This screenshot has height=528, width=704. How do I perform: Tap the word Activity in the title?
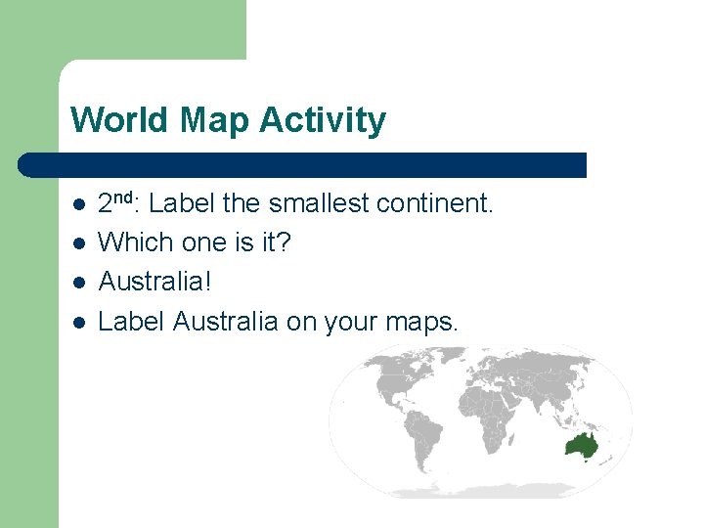[x=324, y=120]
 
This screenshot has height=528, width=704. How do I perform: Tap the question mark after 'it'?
[x=284, y=242]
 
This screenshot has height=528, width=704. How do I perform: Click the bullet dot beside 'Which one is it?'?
[x=79, y=243]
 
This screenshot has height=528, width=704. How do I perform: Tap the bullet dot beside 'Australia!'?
[x=79, y=283]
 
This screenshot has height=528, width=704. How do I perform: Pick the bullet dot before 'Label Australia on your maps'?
[x=79, y=322]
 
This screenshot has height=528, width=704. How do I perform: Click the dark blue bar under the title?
[x=303, y=165]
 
